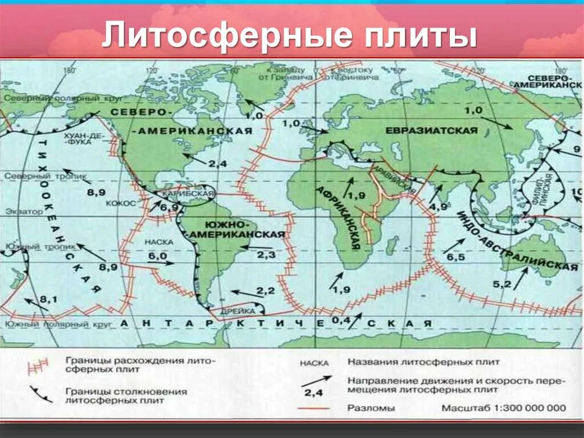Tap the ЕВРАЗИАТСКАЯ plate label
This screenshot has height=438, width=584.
431,131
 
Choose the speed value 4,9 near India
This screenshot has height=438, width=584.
438,206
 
